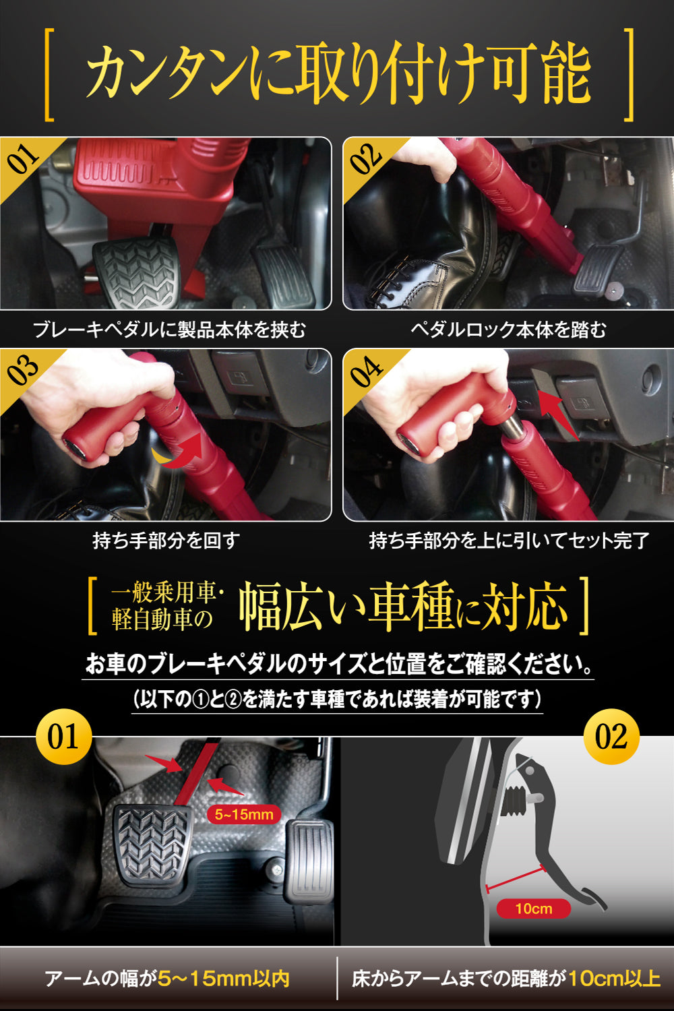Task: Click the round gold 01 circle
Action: tap(63, 736)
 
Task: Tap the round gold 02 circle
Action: tap(611, 736)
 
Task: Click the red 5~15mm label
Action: tap(244, 814)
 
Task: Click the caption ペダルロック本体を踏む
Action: tap(508, 330)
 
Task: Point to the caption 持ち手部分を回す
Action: tap(166, 541)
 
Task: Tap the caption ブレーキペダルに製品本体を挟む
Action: tap(170, 330)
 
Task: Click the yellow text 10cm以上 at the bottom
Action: tap(615, 979)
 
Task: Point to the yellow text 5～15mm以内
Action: tap(223, 979)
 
